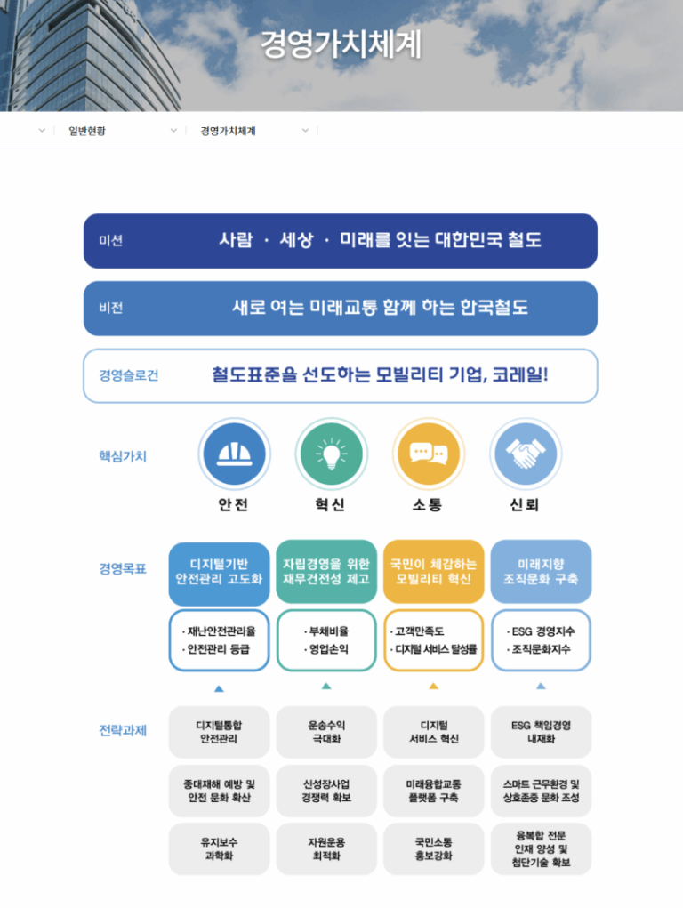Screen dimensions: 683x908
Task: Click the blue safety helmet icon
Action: [x=234, y=454]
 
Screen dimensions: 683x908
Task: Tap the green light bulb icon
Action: [x=332, y=454]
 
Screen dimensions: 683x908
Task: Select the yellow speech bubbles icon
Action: [x=429, y=454]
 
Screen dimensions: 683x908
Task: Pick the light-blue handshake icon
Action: [x=526, y=454]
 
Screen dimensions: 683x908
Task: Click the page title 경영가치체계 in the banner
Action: [x=341, y=44]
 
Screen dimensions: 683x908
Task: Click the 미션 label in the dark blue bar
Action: [x=110, y=241]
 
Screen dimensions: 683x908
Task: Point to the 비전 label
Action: [x=110, y=308]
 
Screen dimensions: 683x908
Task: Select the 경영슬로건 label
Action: [x=129, y=375]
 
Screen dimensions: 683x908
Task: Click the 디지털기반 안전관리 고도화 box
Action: [x=219, y=572]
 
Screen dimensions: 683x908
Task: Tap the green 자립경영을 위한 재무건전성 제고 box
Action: [x=326, y=572]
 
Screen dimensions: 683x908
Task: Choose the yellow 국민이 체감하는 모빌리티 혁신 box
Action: [x=433, y=572]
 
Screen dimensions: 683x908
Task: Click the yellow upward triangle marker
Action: [x=433, y=687]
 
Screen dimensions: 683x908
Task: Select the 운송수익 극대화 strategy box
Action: [x=326, y=732]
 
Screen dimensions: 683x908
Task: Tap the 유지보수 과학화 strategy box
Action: [x=219, y=849]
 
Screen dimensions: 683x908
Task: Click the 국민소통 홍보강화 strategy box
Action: [x=433, y=849]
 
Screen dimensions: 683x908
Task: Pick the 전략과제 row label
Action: [x=123, y=731]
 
